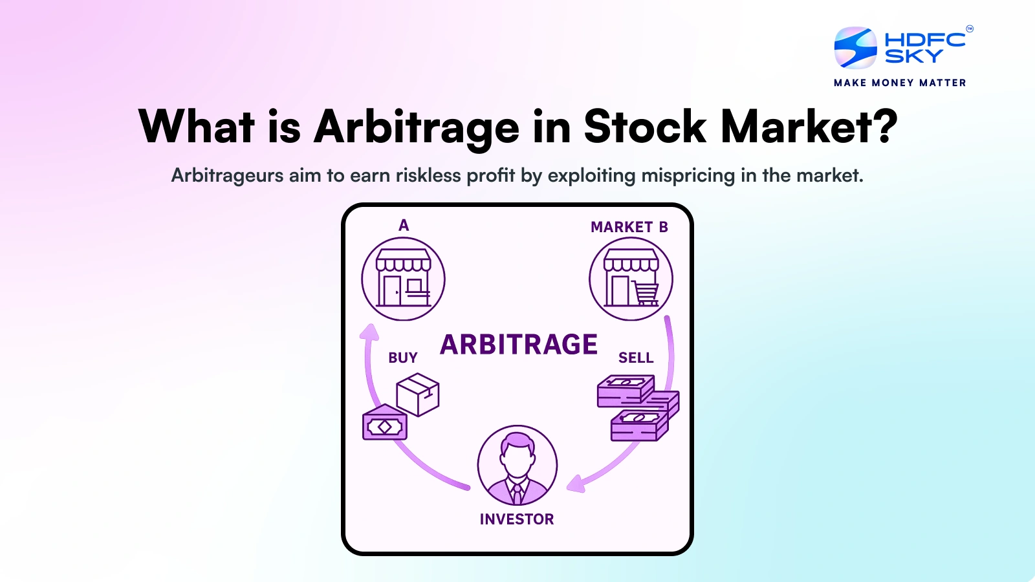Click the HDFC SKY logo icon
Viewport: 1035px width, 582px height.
855,47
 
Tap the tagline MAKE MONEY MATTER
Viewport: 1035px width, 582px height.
900,83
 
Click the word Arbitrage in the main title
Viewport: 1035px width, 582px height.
416,127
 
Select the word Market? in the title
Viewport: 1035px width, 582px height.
809,127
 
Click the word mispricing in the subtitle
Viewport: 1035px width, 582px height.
688,175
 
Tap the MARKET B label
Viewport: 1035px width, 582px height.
629,227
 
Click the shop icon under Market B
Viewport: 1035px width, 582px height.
631,279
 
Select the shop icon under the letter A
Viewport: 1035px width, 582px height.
403,279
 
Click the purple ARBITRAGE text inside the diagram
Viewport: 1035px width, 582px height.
519,345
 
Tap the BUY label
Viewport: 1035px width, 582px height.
403,358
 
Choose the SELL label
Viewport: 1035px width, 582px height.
636,358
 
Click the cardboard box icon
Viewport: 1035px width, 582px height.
418,394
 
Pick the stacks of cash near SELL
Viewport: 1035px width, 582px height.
638,407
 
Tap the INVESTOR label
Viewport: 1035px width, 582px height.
517,519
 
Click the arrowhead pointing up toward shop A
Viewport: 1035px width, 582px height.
369,332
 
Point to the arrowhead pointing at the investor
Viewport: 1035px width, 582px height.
575,484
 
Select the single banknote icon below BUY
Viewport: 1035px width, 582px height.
385,426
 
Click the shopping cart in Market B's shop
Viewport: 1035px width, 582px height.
646,294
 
